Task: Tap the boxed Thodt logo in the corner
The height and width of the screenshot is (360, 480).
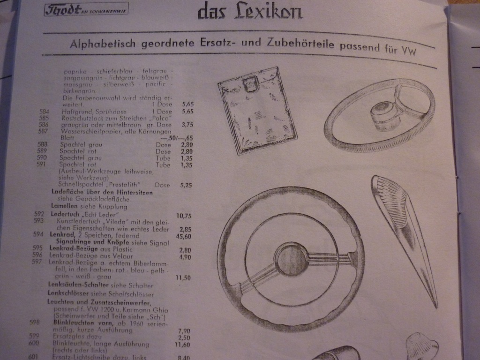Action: click(86, 9)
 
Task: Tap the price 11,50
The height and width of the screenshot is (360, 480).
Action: click(183, 277)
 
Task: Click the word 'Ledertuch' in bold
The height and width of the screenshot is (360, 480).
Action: click(65, 214)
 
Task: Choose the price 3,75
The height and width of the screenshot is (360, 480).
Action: click(187, 125)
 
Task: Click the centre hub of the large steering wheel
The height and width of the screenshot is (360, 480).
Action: click(291, 259)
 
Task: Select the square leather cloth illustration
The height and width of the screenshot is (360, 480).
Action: click(257, 110)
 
